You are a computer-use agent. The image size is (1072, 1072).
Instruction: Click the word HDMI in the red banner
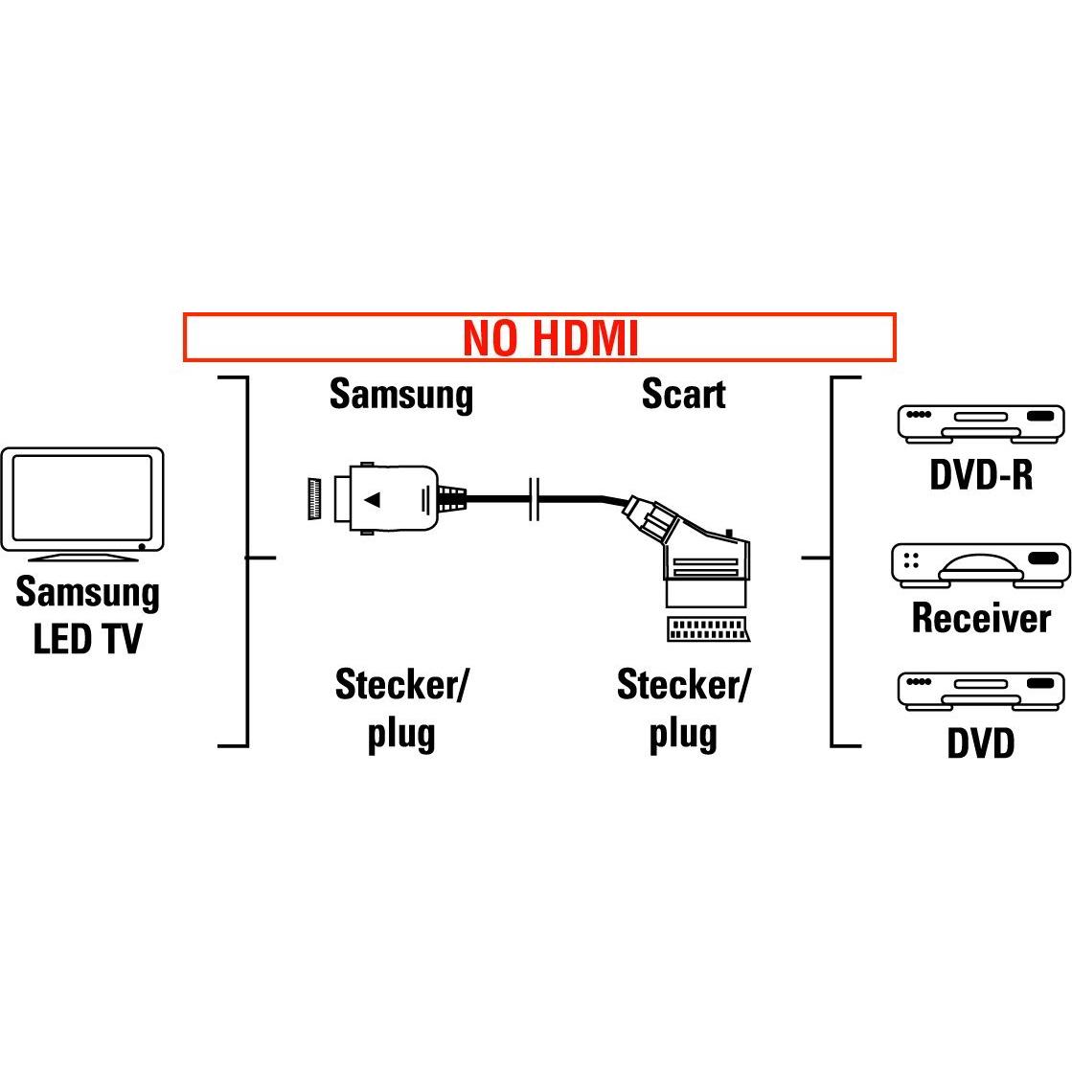[x=583, y=338]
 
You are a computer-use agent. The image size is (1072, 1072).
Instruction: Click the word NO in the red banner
[x=490, y=338]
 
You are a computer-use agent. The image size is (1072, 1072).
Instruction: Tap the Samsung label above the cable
[x=400, y=395]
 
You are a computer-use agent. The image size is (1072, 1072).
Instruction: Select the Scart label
[x=683, y=394]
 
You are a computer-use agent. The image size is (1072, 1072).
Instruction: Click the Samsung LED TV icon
[x=82, y=501]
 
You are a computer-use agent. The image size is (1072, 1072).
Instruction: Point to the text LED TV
[x=87, y=640]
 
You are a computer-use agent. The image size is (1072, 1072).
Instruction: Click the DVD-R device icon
[x=980, y=422]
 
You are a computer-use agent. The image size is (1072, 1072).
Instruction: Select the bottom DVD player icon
[x=980, y=690]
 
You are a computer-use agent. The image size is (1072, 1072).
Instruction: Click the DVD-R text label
[x=980, y=474]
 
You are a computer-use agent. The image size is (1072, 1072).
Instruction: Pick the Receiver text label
[x=980, y=618]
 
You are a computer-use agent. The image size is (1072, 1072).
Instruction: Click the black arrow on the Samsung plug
[x=374, y=499]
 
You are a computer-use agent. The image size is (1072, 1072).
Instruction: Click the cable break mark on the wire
[x=536, y=499]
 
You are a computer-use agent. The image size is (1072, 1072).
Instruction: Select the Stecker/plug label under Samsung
[x=401, y=710]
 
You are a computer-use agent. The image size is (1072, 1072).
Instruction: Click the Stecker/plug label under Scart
[x=683, y=710]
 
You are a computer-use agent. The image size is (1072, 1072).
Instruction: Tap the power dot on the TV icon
[x=143, y=545]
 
